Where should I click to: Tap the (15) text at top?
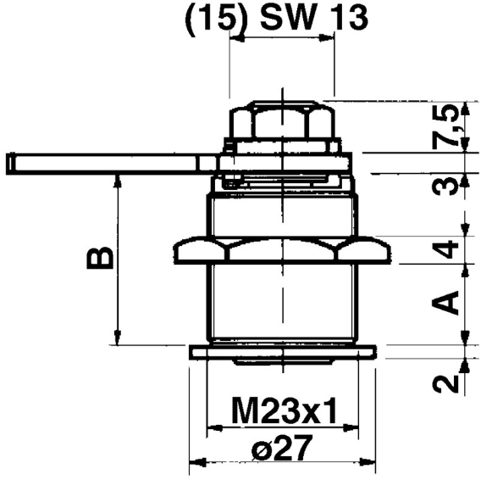pos(213,17)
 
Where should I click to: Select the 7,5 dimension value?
pos(453,125)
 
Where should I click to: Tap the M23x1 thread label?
pos(283,413)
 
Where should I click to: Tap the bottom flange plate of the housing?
pos(283,351)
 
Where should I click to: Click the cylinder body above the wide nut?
pos(283,215)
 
